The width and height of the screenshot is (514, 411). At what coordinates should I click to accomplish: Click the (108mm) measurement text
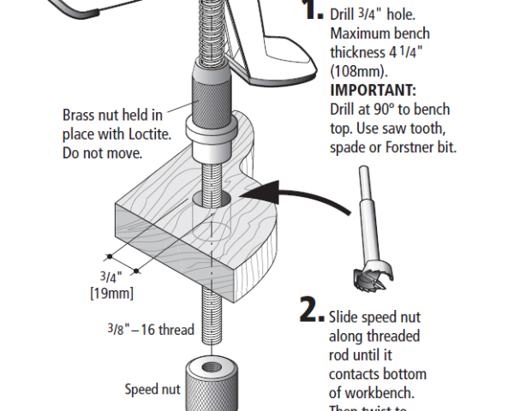[x=354, y=72]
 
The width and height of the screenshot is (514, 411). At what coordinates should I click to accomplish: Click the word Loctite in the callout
[x=152, y=134]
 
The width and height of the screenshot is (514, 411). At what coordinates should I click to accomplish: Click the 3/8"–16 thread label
[x=151, y=330]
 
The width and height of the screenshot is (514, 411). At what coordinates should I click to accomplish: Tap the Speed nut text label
[x=152, y=390]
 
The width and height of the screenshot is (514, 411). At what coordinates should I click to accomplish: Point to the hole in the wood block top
[x=212, y=199]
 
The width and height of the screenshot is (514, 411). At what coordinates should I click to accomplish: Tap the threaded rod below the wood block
[x=209, y=317]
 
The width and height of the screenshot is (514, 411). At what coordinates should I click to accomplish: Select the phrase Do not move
[x=102, y=153]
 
